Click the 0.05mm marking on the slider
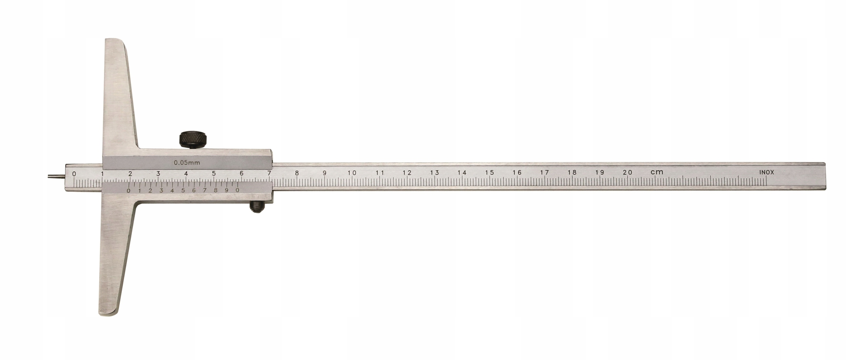187,162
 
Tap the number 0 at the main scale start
74,174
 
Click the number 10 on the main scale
352,173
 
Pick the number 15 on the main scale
489,173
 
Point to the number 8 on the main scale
297,173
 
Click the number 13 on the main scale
434,173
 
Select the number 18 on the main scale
572,173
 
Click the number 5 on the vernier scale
183,190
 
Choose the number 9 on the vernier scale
226,190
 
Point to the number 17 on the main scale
545,173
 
